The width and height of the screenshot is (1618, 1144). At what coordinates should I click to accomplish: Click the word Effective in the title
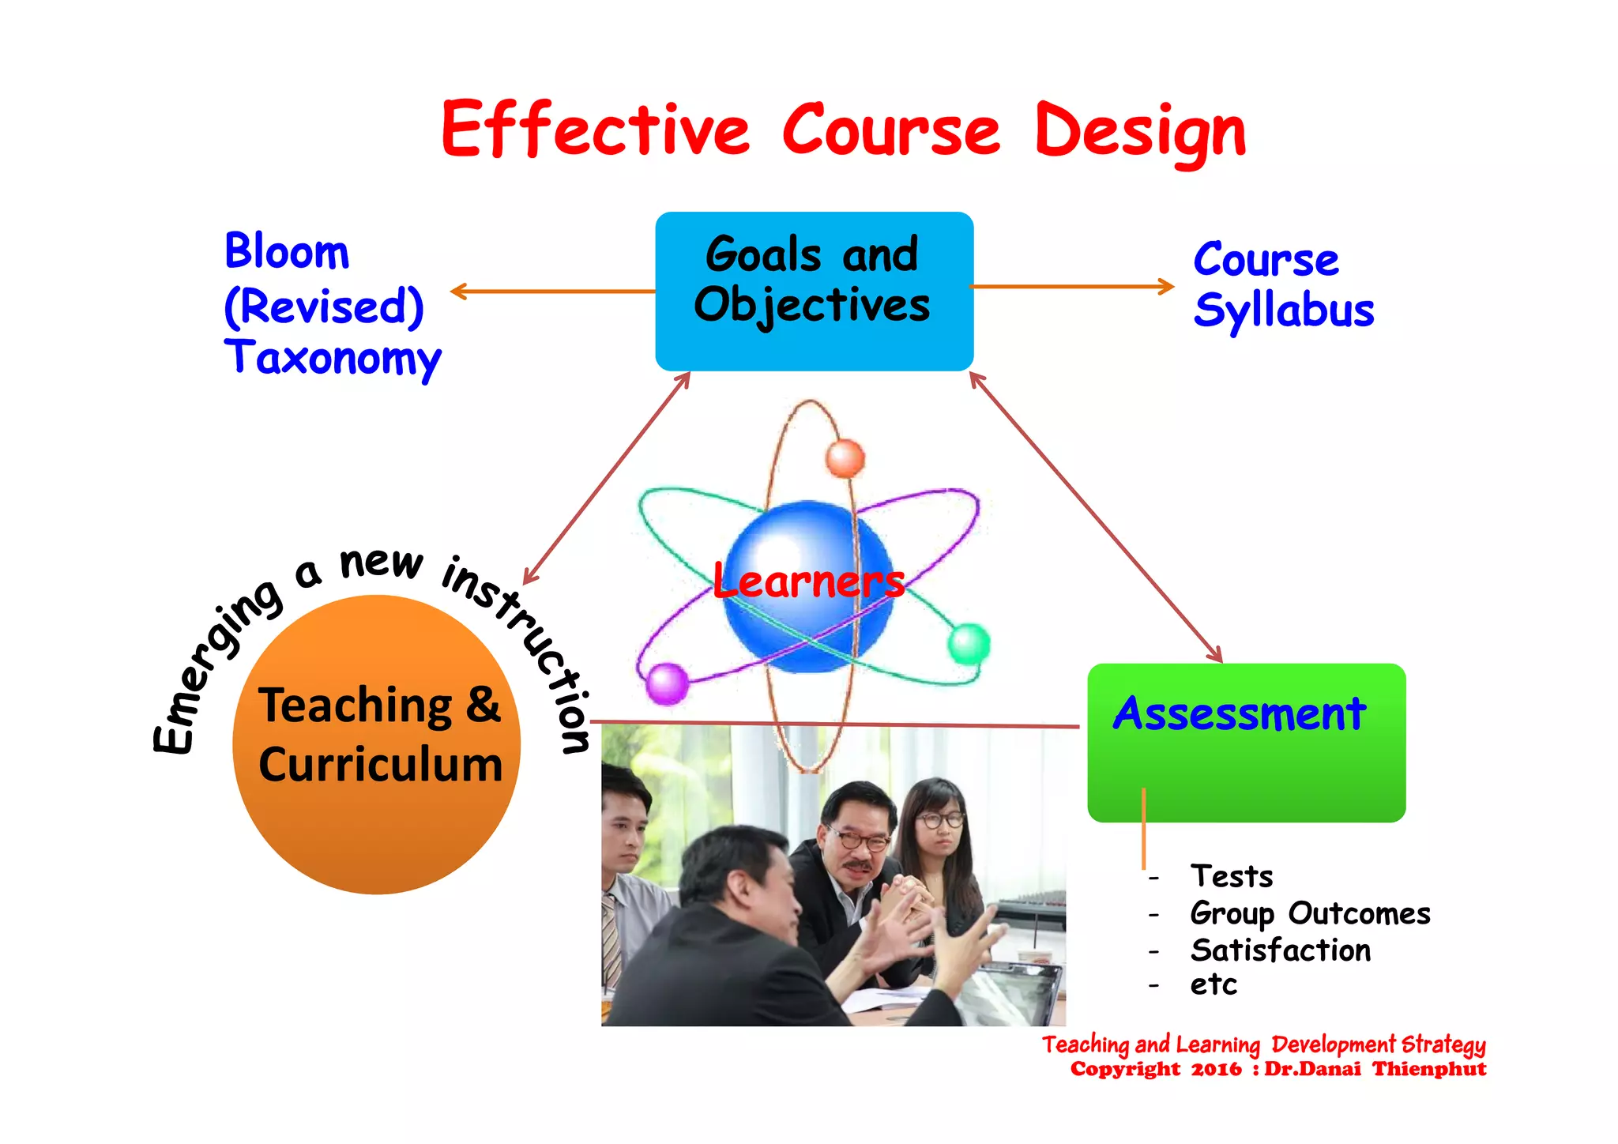click(594, 130)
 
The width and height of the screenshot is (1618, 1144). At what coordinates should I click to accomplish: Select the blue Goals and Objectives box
click(814, 291)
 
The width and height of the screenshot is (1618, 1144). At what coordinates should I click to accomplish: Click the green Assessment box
click(1246, 743)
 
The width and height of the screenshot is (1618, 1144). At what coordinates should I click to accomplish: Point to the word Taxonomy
click(333, 358)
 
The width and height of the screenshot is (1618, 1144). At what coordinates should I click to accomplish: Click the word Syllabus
click(1284, 310)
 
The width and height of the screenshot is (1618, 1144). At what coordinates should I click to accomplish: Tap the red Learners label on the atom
click(808, 581)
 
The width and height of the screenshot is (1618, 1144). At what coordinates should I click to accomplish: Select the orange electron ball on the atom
click(845, 458)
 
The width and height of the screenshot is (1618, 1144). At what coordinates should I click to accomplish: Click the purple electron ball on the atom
click(668, 683)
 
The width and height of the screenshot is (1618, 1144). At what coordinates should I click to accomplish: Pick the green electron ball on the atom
click(969, 643)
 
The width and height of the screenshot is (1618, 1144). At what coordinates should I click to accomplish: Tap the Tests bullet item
click(1232, 876)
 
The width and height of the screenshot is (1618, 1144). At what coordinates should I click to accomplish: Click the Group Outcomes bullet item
click(1310, 913)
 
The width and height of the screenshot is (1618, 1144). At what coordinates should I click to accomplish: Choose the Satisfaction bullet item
click(1281, 950)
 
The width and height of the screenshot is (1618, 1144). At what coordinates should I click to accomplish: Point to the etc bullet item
click(1213, 985)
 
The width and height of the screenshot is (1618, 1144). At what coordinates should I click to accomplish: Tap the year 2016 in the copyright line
click(1216, 1070)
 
